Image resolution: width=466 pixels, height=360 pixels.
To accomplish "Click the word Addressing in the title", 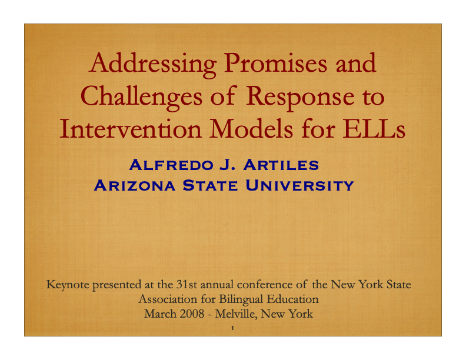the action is [x=152, y=65].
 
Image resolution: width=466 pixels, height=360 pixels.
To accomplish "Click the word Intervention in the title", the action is [x=131, y=129].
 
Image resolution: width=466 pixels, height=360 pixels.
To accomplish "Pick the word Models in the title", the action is [x=251, y=129].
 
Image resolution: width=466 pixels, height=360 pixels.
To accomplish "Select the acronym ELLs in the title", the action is [x=374, y=129].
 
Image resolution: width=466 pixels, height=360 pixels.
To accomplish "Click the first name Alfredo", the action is [x=171, y=165].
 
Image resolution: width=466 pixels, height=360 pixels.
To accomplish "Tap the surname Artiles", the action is [x=281, y=165].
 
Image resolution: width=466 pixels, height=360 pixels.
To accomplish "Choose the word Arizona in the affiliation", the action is [x=135, y=186].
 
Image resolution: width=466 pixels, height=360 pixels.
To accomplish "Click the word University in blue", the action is [x=299, y=186].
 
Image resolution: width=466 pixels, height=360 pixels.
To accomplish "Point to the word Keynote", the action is [x=68, y=285].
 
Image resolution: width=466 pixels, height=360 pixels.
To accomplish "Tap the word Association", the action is [x=168, y=299].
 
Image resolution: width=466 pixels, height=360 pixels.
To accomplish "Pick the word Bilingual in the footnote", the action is [x=241, y=299].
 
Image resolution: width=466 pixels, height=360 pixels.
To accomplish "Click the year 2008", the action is [x=192, y=314].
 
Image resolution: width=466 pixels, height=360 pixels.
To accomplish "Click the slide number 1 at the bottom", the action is [x=232, y=328].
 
